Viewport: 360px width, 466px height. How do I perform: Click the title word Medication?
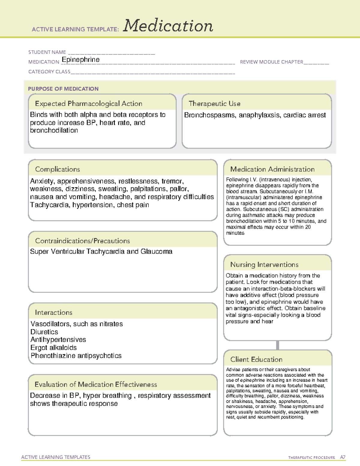tap(168, 26)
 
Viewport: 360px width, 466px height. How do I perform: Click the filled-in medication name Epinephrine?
tap(80, 60)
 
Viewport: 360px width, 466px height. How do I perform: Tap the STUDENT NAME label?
tap(47, 52)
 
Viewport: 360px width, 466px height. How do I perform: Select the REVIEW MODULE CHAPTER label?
tap(271, 62)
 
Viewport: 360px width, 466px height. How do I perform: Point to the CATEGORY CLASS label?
tap(49, 72)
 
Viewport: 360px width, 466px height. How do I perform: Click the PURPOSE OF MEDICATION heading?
tap(63, 89)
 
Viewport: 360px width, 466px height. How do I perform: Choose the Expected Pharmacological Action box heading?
tap(88, 104)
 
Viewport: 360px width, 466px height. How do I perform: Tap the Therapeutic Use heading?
tap(214, 104)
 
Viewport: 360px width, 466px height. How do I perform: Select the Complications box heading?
tap(57, 169)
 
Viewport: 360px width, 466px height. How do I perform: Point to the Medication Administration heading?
tap(272, 169)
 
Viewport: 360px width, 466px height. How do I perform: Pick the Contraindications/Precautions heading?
tap(82, 241)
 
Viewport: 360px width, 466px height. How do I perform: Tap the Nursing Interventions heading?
tap(264, 265)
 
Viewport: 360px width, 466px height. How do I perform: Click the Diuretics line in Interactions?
tap(44, 332)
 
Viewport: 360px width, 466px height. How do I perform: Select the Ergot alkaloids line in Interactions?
tap(53, 348)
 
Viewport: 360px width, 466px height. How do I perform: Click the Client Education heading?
tap(256, 359)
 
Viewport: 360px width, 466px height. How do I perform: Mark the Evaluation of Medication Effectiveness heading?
tap(96, 384)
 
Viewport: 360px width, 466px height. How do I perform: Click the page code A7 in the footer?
tap(343, 457)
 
